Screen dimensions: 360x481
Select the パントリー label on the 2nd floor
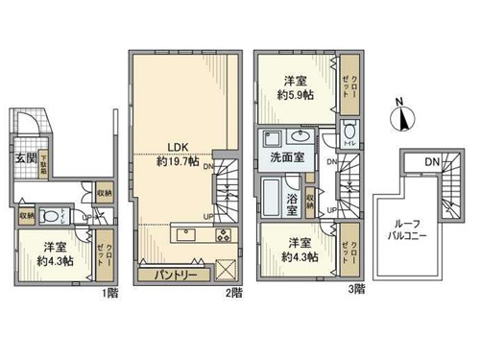click(177, 275)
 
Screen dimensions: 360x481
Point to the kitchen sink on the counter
click(185, 236)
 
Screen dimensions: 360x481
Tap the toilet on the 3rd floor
click(349, 132)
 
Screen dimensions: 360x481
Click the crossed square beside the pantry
click(227, 271)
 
